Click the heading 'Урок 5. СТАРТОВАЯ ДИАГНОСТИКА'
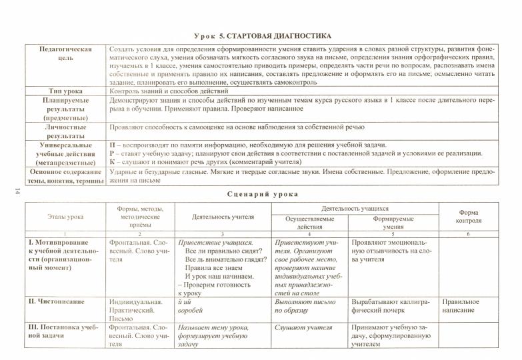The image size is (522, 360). (261, 35)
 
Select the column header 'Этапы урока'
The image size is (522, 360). (65, 217)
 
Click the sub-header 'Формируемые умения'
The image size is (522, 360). (393, 223)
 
